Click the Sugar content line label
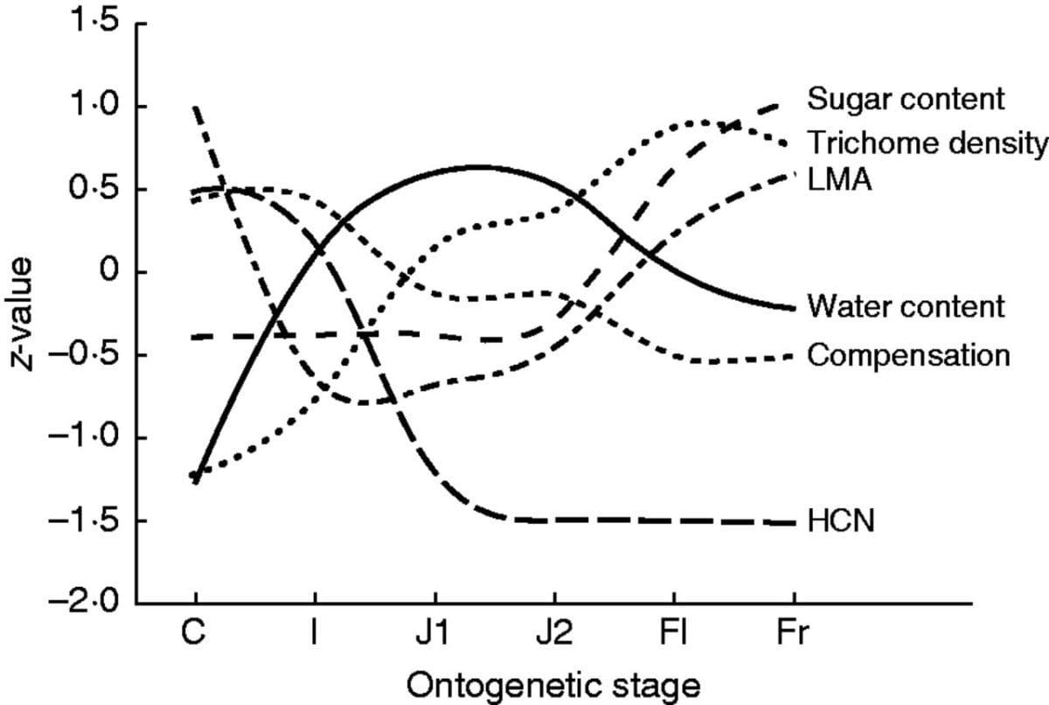pyautogui.click(x=906, y=99)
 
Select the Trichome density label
pyautogui.click(x=927, y=142)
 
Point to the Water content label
pyautogui.click(x=906, y=307)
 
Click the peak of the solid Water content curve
pyautogui.click(x=476, y=166)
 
